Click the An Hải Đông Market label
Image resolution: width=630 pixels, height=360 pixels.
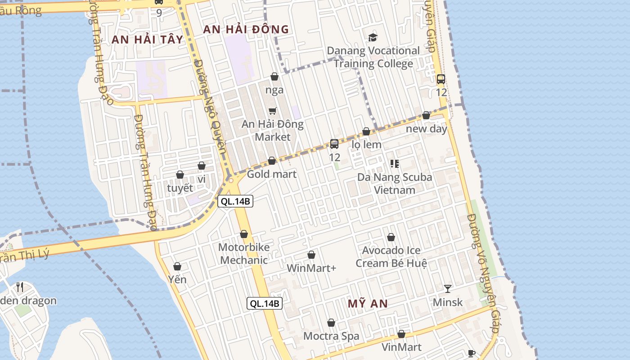click(x=273, y=130)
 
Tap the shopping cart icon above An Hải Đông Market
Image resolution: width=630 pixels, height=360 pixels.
click(x=272, y=111)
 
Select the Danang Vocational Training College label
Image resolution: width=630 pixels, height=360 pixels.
click(x=373, y=57)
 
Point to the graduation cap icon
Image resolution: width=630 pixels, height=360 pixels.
click(x=373, y=37)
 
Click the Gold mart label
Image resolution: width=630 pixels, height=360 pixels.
click(x=272, y=174)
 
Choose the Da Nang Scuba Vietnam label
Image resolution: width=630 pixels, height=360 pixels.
click(x=395, y=183)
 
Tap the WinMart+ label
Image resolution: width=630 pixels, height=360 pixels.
click(x=311, y=268)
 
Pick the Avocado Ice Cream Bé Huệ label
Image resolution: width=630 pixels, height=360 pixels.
click(x=391, y=256)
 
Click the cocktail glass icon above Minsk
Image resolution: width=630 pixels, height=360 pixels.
click(x=447, y=288)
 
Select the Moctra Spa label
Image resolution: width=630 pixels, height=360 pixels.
click(x=331, y=336)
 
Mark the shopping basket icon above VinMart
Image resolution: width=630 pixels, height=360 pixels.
click(x=401, y=334)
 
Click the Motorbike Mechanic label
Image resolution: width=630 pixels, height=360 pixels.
click(x=244, y=253)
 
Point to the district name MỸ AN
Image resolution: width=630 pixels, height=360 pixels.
click(x=368, y=304)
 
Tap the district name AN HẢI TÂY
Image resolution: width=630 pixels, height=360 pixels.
click(x=147, y=40)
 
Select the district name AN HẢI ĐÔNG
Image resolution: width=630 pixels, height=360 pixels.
click(x=246, y=30)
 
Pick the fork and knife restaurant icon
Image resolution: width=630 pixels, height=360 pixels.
click(x=20, y=287)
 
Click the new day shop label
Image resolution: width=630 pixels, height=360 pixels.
click(x=426, y=129)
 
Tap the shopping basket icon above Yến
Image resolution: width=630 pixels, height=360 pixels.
click(x=177, y=266)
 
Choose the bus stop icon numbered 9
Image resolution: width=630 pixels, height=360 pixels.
click(x=159, y=2)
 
